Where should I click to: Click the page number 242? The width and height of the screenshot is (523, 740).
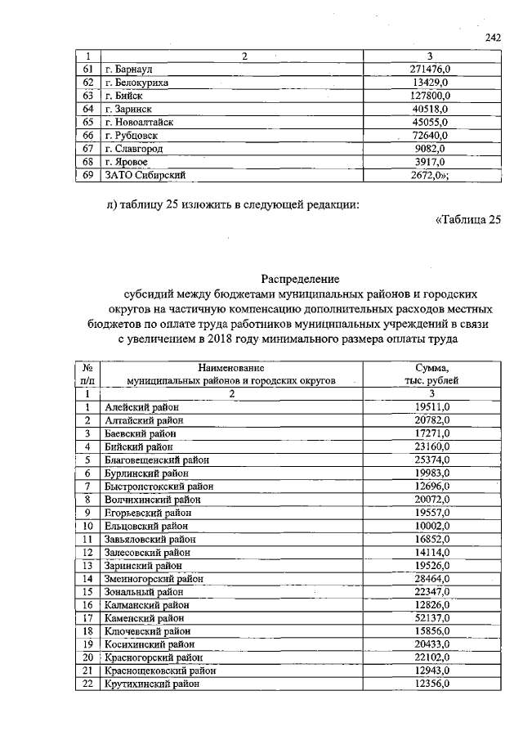point(492,37)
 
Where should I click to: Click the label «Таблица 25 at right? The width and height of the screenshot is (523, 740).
point(467,218)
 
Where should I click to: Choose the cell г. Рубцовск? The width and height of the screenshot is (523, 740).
point(129,135)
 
